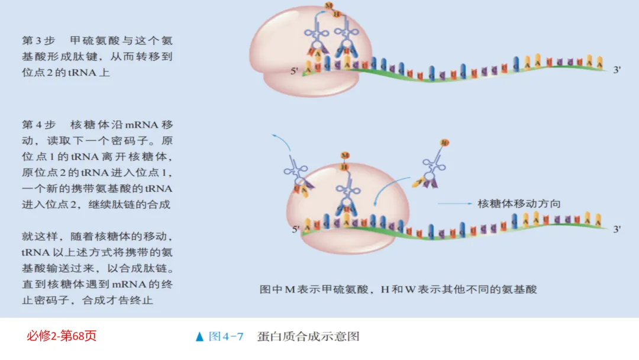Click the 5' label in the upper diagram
(x=294, y=71)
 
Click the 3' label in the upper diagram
(x=617, y=70)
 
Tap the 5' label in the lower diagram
(x=294, y=228)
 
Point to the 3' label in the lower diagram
(x=617, y=229)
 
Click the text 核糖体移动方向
(x=519, y=204)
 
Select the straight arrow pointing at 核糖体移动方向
(x=456, y=204)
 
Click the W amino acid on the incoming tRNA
(x=445, y=142)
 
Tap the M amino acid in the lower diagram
(x=344, y=156)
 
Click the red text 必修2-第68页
(x=61, y=336)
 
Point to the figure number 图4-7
(x=226, y=337)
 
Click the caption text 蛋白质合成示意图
(x=308, y=337)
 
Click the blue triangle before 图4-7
(x=199, y=337)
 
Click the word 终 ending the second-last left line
(x=167, y=284)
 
